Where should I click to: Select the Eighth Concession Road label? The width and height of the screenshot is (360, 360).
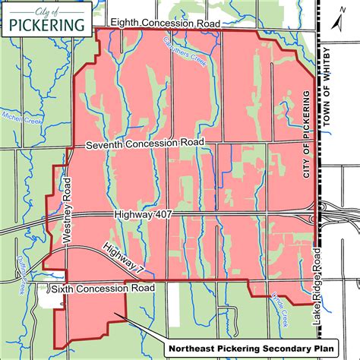coord(165,25)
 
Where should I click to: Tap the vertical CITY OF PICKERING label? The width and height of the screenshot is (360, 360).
coord(308,134)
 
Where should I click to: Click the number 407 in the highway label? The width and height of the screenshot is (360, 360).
coord(163,216)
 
